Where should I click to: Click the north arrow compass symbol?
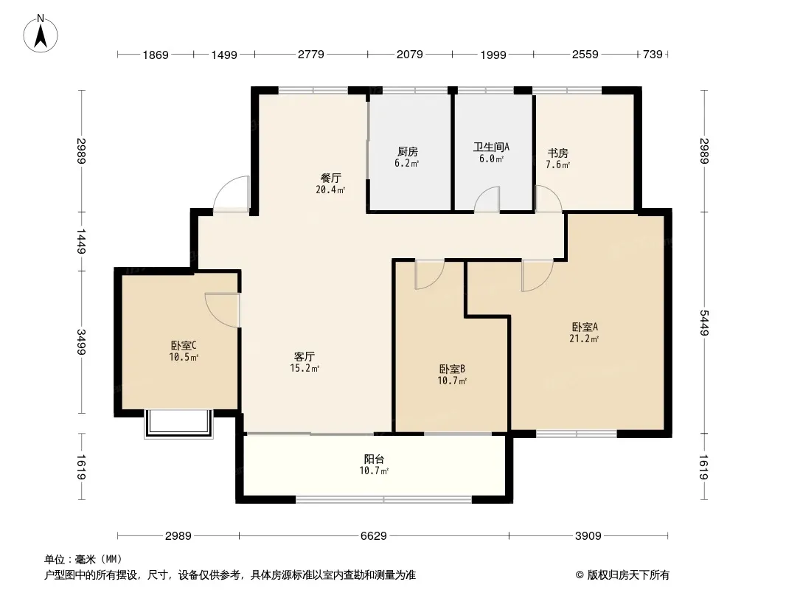[x=41, y=34]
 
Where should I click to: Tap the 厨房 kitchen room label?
[x=408, y=151]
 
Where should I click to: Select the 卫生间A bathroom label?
[x=491, y=147]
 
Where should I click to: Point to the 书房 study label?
[x=558, y=153]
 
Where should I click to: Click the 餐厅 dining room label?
[x=331, y=178]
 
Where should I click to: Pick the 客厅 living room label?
[x=305, y=356]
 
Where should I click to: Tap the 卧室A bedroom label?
[x=585, y=327]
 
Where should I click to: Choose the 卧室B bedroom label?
[x=452, y=369]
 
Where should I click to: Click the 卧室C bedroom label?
[x=184, y=345]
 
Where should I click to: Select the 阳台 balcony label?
[x=374, y=459]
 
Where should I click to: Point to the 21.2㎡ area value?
[x=584, y=339]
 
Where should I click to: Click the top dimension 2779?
[x=311, y=54]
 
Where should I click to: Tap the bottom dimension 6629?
[x=373, y=536]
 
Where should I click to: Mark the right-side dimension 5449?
[x=704, y=323]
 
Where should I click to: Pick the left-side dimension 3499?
[x=81, y=342]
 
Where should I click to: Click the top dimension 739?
[x=653, y=54]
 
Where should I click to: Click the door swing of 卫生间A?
[x=487, y=199]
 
